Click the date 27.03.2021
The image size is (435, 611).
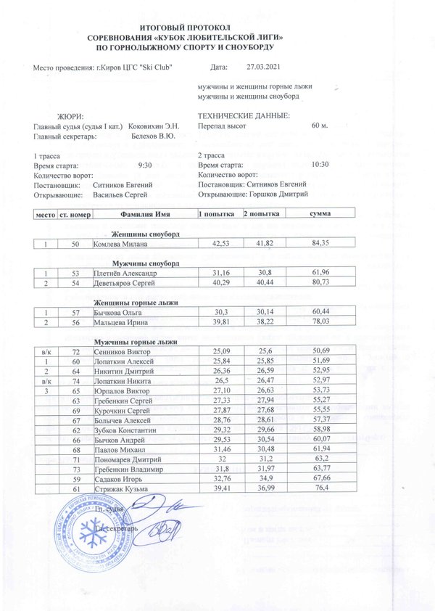pyautogui.click(x=262, y=67)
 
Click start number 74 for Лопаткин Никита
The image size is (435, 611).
pyautogui.click(x=75, y=380)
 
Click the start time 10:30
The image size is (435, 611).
pyautogui.click(x=320, y=165)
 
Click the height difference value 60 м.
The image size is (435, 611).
pyautogui.click(x=320, y=126)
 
